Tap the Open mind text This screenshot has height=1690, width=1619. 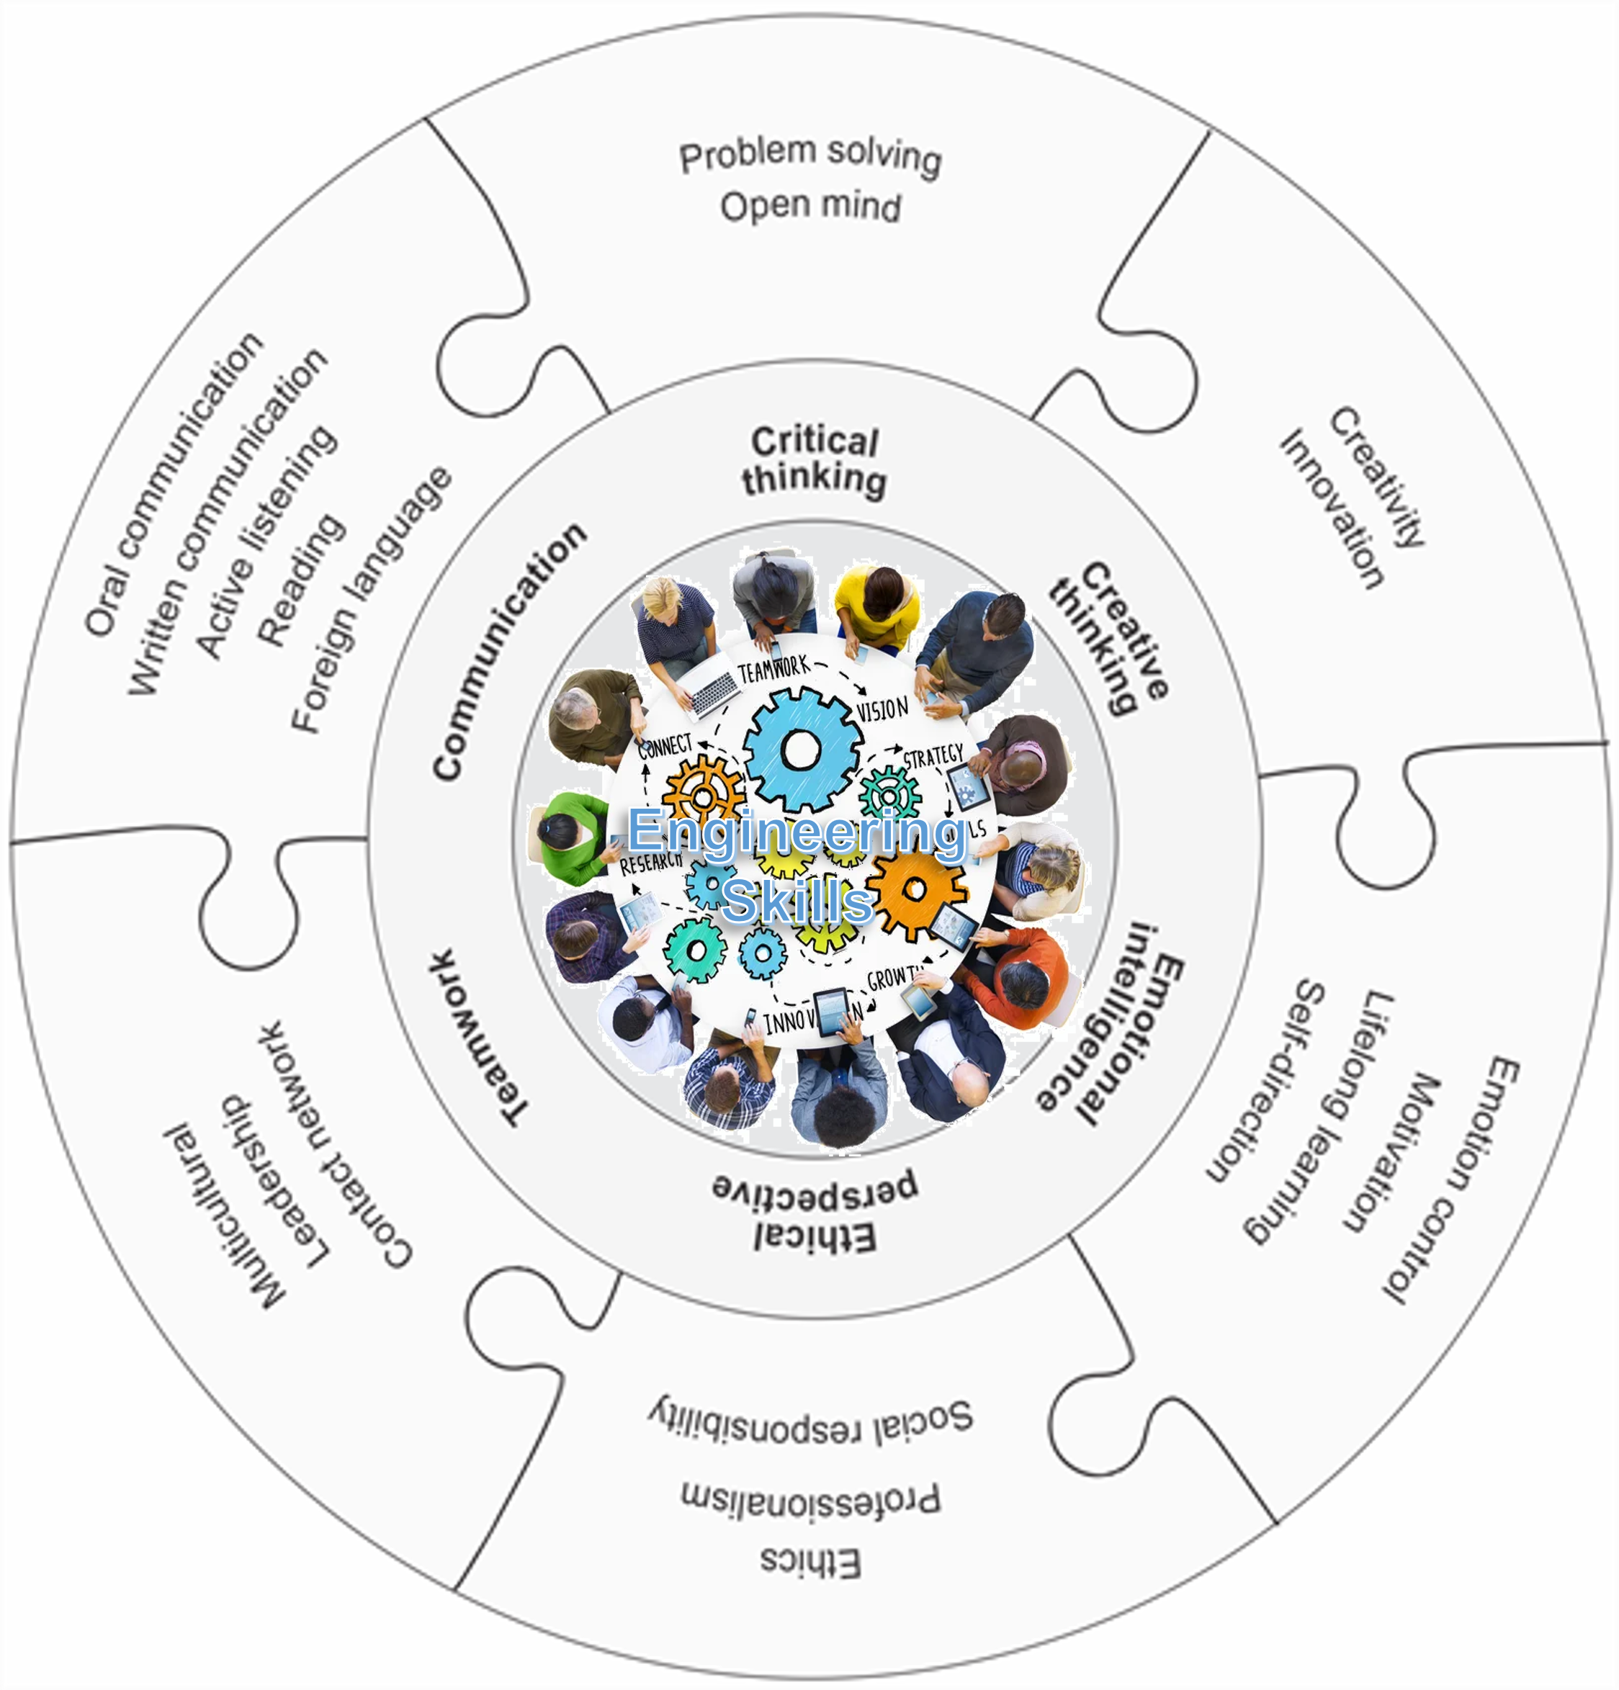click(x=810, y=207)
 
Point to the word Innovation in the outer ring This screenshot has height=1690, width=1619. click(x=1332, y=508)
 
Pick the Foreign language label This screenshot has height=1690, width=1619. click(x=371, y=600)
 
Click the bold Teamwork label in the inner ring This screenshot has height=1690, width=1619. click(x=478, y=1038)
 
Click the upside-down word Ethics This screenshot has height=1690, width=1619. click(x=810, y=1562)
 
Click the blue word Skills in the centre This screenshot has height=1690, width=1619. click(x=798, y=901)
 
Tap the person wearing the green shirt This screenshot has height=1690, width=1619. click(x=568, y=837)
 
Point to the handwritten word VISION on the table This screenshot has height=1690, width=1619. click(x=882, y=710)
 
